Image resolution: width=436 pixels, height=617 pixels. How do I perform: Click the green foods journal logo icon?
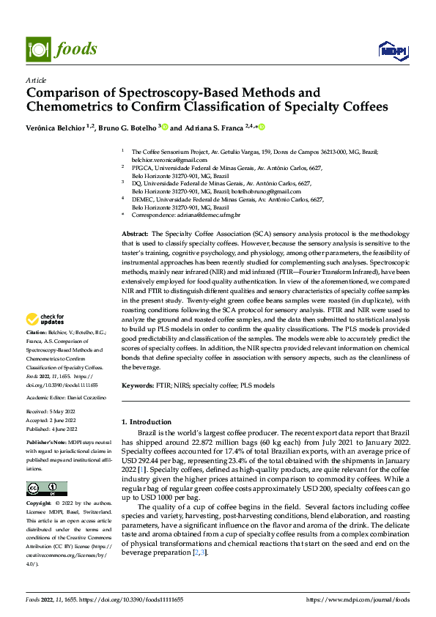point(37,49)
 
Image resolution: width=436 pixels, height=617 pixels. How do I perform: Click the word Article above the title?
point(36,80)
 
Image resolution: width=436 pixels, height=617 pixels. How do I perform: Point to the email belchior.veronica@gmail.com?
point(166,159)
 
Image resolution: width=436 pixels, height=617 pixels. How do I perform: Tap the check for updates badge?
point(45,319)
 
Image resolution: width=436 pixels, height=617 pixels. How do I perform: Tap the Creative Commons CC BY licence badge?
point(46,489)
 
